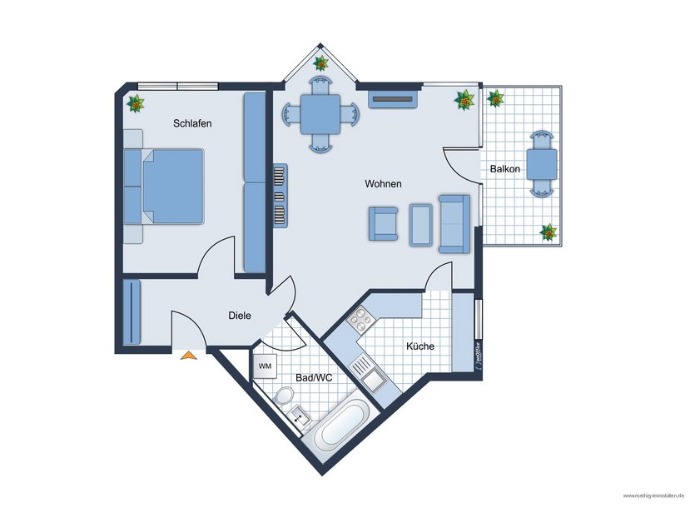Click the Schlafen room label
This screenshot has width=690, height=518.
click(x=192, y=123)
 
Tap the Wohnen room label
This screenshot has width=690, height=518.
click(x=384, y=183)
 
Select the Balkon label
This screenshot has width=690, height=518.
click(x=505, y=169)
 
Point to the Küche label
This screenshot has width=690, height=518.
click(x=419, y=346)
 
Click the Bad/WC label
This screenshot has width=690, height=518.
click(x=315, y=377)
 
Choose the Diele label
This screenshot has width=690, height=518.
click(x=240, y=316)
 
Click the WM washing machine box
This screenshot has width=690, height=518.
click(x=265, y=366)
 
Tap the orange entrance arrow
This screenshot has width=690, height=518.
click(x=189, y=356)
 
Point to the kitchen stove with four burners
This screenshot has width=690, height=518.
click(x=362, y=319)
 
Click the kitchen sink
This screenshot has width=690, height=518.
click(x=371, y=380)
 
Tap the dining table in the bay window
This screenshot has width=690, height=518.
click(x=320, y=112)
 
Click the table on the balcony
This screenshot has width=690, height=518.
click(x=542, y=164)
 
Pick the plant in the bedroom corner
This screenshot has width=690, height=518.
click(x=135, y=104)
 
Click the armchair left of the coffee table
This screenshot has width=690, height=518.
click(x=383, y=223)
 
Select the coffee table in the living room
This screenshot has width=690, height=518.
click(x=421, y=223)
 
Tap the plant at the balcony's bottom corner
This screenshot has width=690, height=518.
click(x=548, y=232)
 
